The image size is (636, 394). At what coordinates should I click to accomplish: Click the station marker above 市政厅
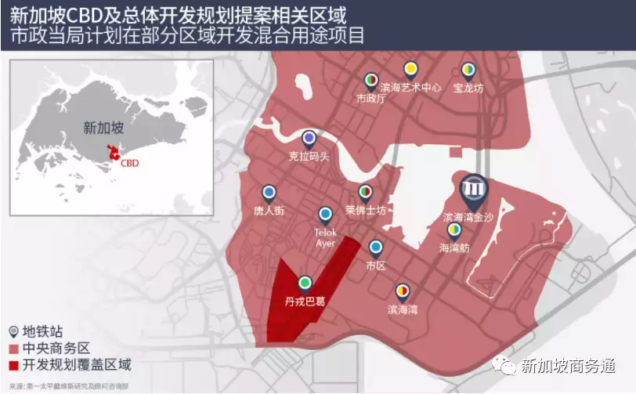370,80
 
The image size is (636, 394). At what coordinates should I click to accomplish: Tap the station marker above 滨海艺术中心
410,70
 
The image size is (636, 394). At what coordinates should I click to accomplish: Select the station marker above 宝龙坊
468,70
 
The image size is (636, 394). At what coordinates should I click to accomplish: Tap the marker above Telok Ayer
325,214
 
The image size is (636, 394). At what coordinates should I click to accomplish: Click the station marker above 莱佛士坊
365,192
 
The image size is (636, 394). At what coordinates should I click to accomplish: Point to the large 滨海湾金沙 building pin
473,189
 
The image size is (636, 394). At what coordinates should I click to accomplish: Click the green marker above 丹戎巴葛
305,282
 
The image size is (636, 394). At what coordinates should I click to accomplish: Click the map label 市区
376,266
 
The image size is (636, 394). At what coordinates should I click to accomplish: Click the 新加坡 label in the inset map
103,127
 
